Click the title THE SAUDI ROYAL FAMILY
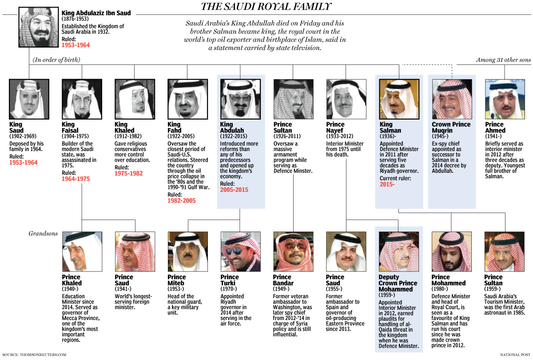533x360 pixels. click(x=266, y=6)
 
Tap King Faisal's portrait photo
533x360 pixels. click(x=82, y=99)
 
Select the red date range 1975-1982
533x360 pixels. click(x=128, y=173)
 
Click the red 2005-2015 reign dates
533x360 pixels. click(x=234, y=189)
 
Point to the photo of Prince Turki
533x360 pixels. click(x=240, y=251)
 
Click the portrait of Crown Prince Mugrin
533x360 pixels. click(x=452, y=99)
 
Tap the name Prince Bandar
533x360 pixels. click(x=283, y=280)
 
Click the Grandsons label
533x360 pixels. click(x=43, y=233)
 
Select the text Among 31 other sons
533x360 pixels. click(x=503, y=60)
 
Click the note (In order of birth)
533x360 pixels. click(x=56, y=60)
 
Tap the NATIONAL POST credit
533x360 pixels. click(x=515, y=355)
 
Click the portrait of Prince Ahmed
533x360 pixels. click(x=505, y=99)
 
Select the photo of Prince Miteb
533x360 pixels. click(x=187, y=251)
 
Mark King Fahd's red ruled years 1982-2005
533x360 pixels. click(x=181, y=201)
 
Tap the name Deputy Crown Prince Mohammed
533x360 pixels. click(x=398, y=283)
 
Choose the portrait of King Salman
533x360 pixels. click(x=399, y=99)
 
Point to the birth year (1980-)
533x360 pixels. click(x=440, y=289)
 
